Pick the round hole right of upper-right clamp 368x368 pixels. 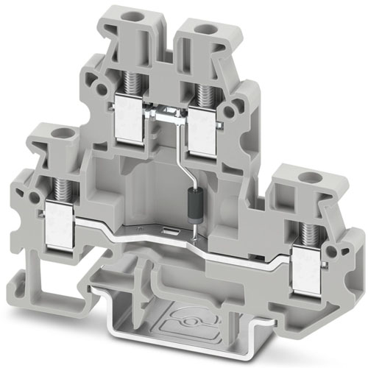[236, 110]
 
